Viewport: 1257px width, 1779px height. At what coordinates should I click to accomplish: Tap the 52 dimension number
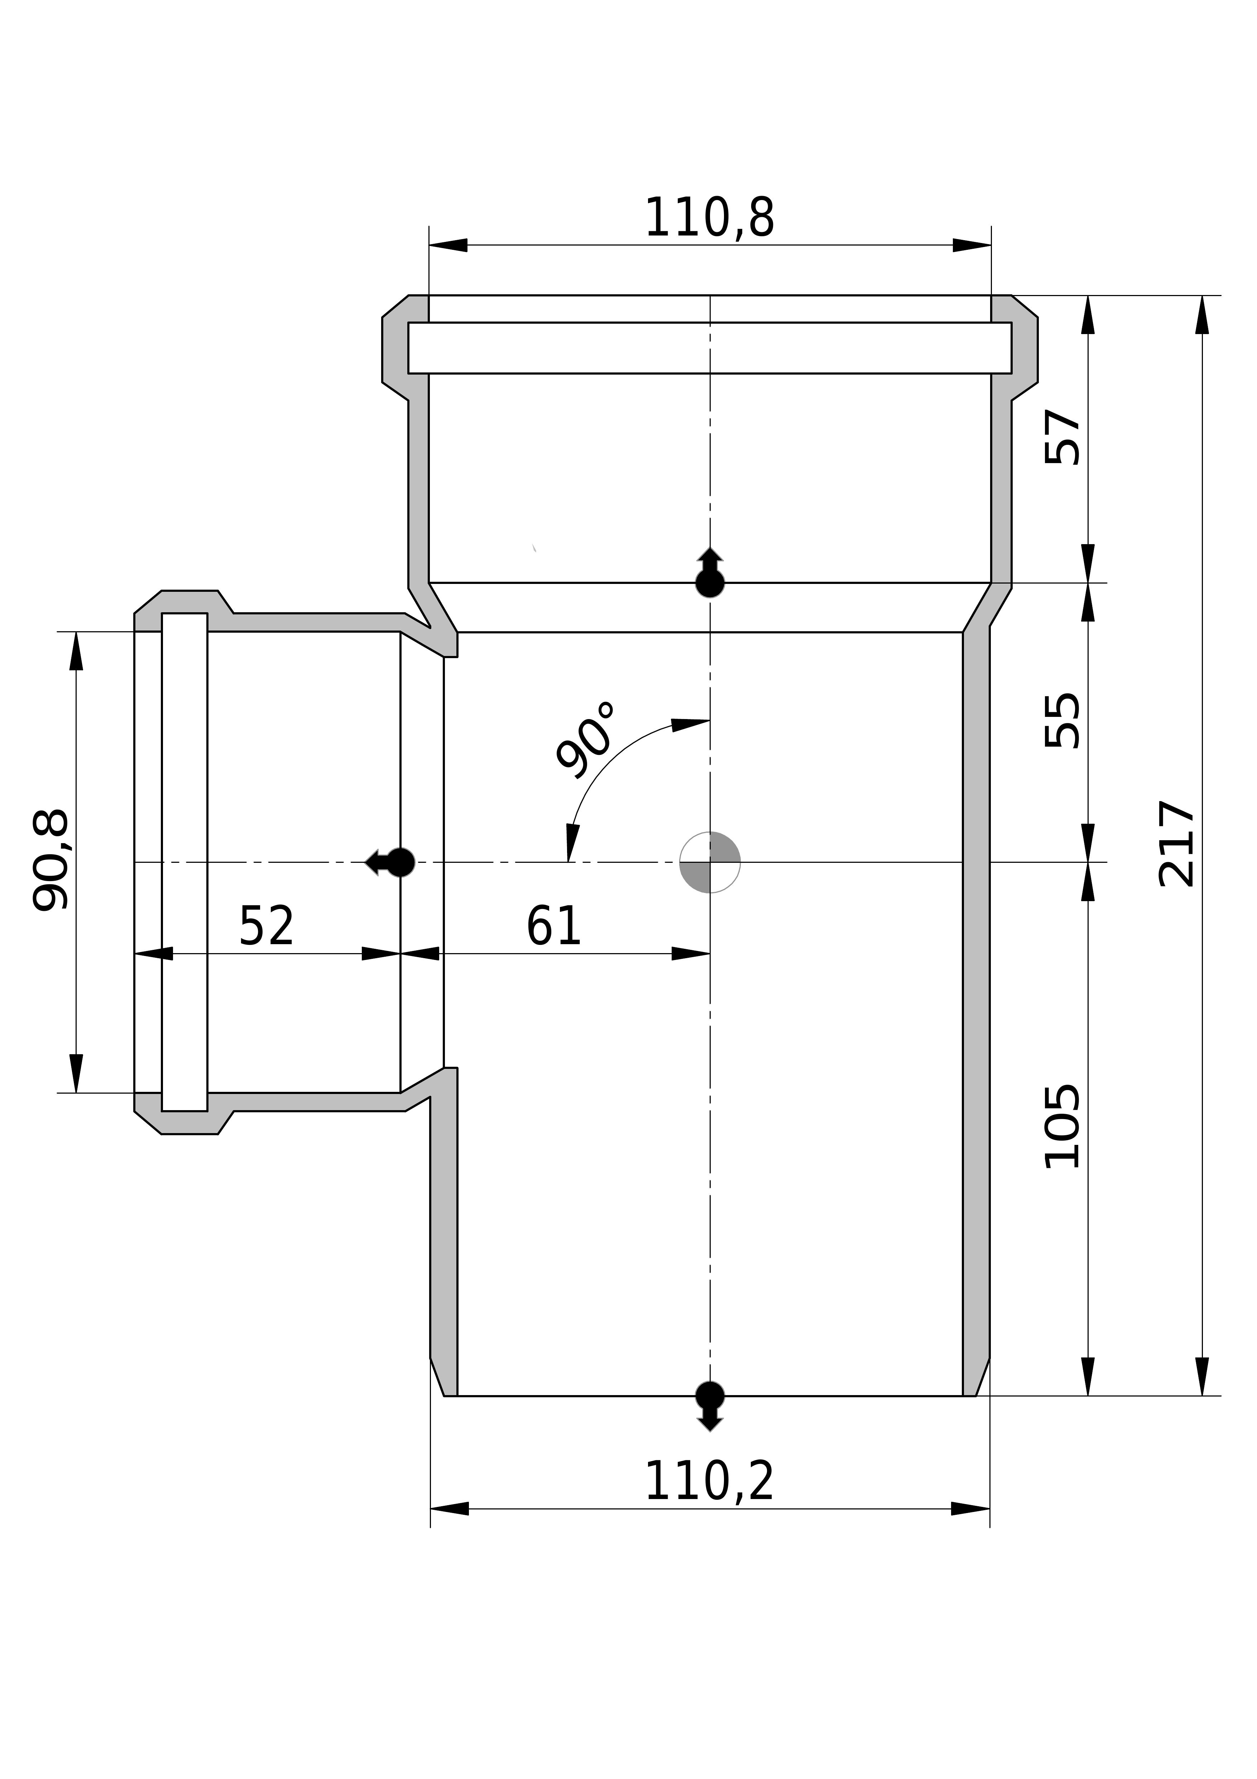click(267, 925)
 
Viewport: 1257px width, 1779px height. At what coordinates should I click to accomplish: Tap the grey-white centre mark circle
click(710, 862)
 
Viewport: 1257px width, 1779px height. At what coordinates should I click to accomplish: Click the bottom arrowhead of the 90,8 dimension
click(76, 1073)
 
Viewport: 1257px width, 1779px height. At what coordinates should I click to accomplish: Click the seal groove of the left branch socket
click(184, 862)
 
